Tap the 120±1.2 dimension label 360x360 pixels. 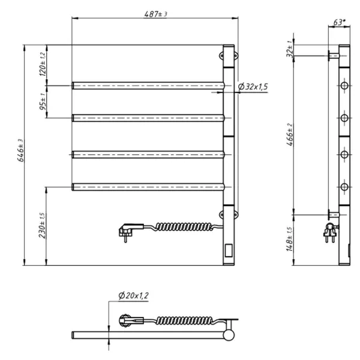pyautogui.click(x=43, y=64)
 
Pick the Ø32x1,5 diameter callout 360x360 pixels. pyautogui.click(x=253, y=87)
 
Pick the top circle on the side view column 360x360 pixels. pyautogui.click(x=344, y=86)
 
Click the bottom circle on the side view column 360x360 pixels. pyautogui.click(x=344, y=188)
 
